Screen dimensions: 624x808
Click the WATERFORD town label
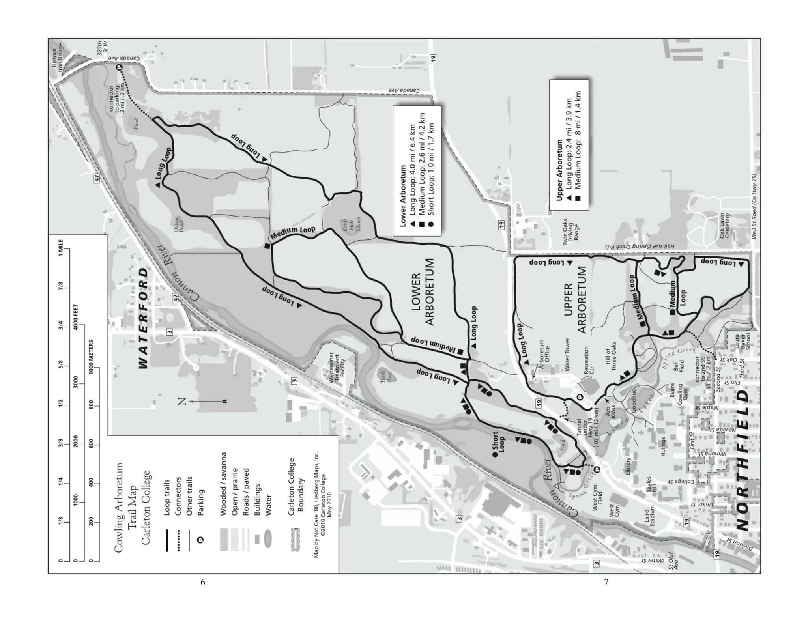click(144, 318)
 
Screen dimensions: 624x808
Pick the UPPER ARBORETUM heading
click(576, 300)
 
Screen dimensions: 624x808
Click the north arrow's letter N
click(182, 402)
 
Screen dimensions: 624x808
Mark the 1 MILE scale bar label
click(61, 248)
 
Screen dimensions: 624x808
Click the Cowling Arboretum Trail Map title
click(132, 507)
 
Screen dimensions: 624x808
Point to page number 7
click(606, 582)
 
